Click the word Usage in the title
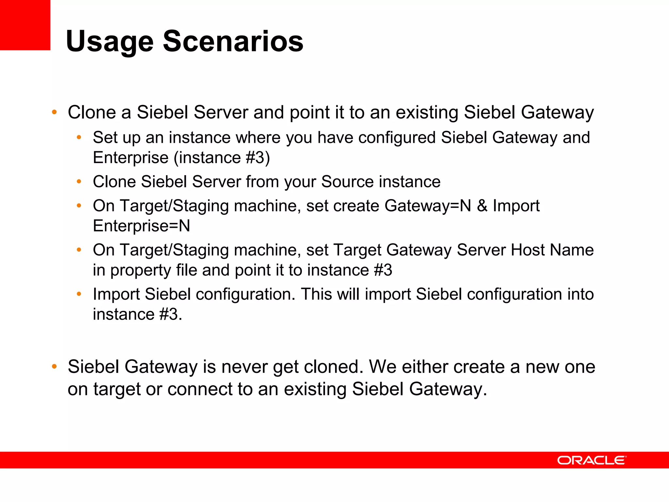109,42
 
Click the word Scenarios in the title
233,41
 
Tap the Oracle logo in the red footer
591,460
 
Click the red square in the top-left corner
25,25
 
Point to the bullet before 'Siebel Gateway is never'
54,367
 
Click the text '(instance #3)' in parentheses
222,158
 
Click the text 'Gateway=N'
428,206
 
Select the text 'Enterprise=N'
141,226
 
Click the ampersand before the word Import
482,206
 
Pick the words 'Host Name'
552,250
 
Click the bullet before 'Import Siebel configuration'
79,294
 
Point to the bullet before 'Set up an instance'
79,138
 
